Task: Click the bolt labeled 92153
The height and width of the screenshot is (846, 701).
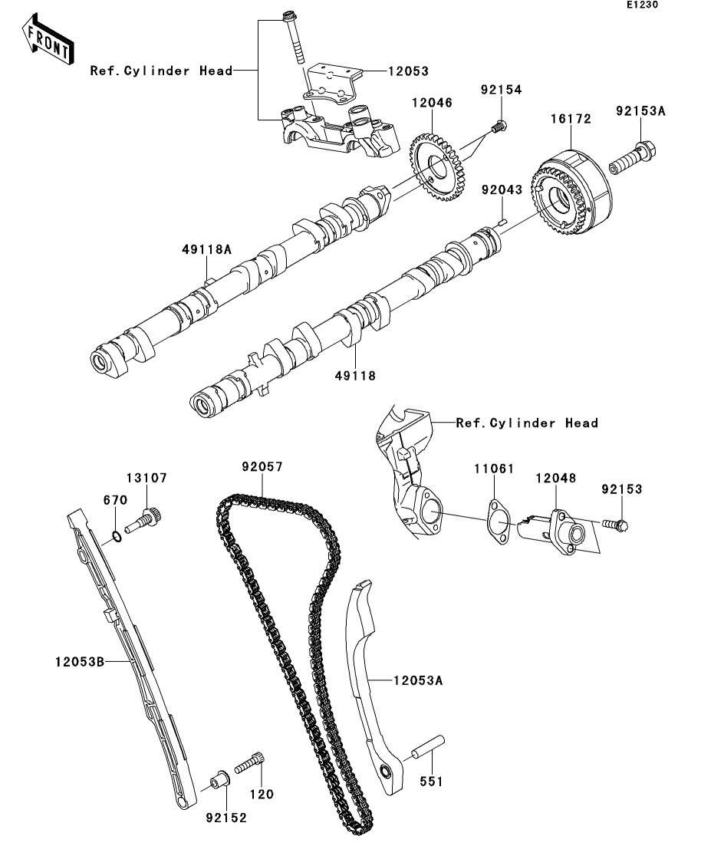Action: point(614,525)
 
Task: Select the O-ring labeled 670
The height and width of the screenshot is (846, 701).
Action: point(114,535)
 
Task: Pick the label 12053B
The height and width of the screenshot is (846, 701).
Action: point(79,660)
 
